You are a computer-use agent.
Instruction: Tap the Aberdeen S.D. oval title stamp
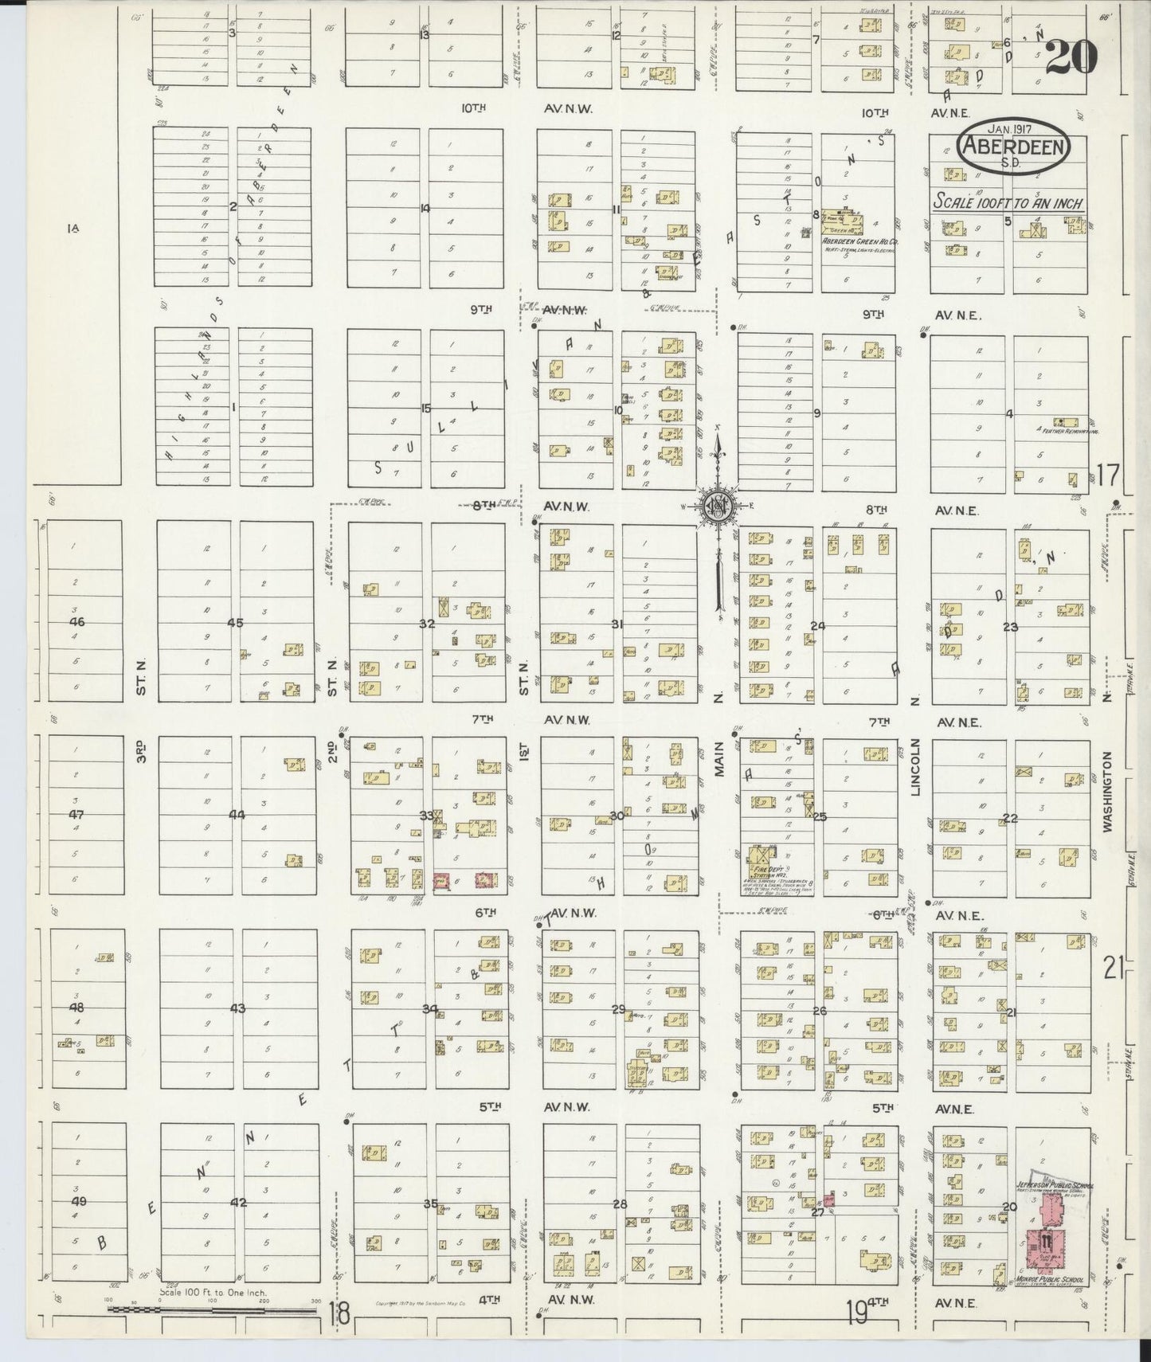click(1014, 149)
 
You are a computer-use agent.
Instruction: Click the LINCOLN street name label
click(915, 767)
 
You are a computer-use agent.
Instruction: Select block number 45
click(235, 624)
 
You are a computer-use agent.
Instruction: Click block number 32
click(428, 624)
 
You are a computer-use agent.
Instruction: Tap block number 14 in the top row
click(425, 208)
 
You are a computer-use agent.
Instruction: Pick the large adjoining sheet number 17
click(1107, 476)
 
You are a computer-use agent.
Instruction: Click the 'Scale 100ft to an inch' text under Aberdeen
click(1008, 202)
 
